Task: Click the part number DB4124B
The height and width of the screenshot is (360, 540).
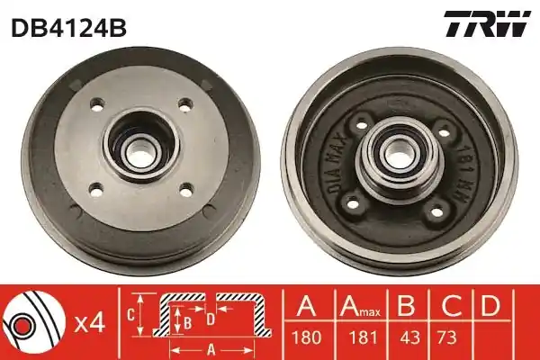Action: (x=69, y=28)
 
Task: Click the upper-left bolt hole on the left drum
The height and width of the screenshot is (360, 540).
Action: (x=97, y=104)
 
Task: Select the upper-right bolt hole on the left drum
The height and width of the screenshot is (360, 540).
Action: (x=185, y=104)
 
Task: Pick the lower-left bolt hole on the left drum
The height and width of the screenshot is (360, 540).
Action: (x=96, y=190)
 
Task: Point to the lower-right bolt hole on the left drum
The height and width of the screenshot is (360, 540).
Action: (x=186, y=190)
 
